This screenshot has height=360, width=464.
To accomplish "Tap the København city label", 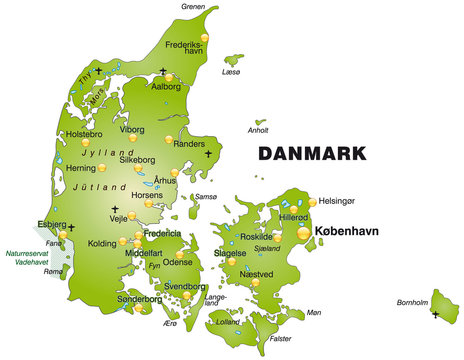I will click(349, 231).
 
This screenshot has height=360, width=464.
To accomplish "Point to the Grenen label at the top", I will click(194, 6).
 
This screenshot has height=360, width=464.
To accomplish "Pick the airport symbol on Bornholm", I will click(436, 315).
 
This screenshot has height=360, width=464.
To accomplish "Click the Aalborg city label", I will click(165, 87).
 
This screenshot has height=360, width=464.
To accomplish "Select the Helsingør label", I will click(336, 201).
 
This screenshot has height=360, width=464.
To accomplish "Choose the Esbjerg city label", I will click(51, 225).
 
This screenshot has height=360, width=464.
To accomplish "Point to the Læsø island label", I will click(231, 72).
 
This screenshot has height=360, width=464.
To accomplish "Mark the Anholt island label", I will click(257, 129).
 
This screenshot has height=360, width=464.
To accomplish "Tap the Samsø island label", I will click(206, 197).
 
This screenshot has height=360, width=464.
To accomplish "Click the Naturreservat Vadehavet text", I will click(25, 258).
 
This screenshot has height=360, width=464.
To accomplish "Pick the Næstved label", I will click(257, 272).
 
